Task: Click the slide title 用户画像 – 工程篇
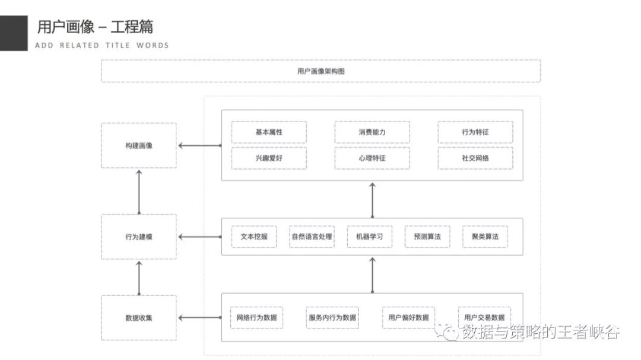95,27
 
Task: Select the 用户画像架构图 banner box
320,71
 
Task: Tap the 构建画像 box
138,145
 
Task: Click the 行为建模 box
138,237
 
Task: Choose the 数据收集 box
138,317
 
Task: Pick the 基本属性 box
269,132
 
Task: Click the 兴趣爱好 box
269,158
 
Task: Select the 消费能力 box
372,132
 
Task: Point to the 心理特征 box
372,158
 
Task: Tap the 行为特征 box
475,132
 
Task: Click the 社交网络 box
475,158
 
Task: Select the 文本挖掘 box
253,237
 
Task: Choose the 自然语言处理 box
312,237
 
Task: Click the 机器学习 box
369,237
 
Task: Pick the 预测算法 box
427,237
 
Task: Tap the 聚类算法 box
485,237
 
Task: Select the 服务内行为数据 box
332,317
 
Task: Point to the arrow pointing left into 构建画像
199,145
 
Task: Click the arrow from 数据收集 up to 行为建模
139,277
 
